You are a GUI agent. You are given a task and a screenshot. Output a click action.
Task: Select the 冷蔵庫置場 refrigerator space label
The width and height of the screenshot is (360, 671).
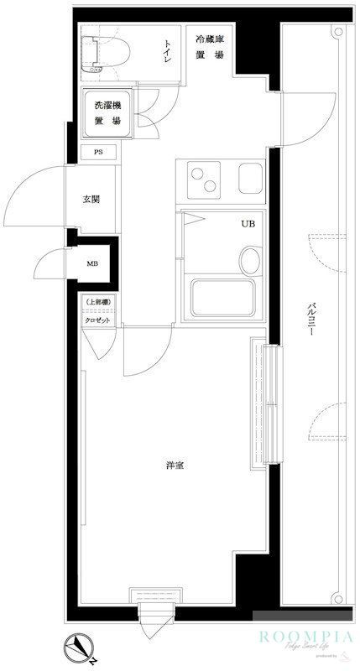[209, 47]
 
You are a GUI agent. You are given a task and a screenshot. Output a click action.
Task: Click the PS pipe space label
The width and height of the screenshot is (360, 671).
[98, 153]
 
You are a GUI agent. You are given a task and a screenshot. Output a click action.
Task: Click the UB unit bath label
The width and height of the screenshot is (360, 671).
[249, 224]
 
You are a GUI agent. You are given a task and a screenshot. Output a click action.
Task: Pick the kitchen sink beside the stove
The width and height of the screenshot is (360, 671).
[251, 178]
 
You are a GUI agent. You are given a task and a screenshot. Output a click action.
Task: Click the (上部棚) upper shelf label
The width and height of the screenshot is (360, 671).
[98, 304]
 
